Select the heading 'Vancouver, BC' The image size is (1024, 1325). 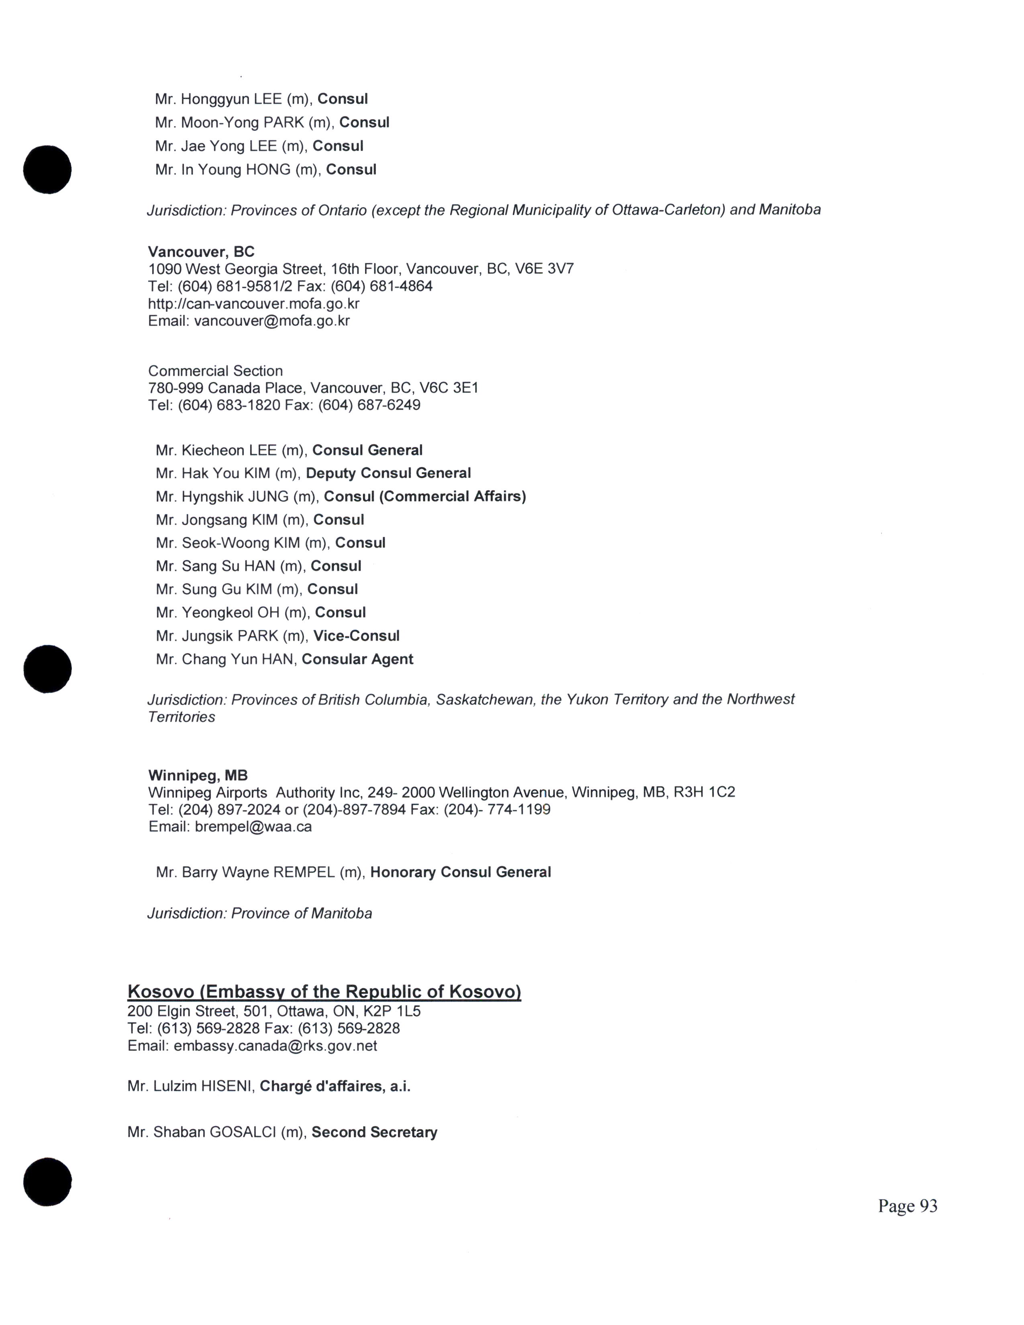pyautogui.click(x=202, y=252)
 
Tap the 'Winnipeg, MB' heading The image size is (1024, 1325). pyautogui.click(x=198, y=775)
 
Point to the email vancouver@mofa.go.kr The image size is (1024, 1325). pyautogui.click(x=272, y=321)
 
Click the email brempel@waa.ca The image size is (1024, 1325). pyautogui.click(x=253, y=827)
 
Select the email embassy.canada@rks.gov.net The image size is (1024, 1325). pyautogui.click(x=275, y=1046)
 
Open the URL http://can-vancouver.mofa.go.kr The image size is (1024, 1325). pyautogui.click(x=253, y=303)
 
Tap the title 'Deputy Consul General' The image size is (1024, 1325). pyautogui.click(x=388, y=473)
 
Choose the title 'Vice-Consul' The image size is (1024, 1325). pyautogui.click(x=356, y=636)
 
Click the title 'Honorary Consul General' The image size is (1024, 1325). pyautogui.click(x=461, y=872)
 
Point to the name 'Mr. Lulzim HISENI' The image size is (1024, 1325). pyautogui.click(x=189, y=1086)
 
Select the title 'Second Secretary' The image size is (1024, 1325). pyautogui.click(x=374, y=1133)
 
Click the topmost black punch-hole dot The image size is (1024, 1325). pyautogui.click(x=47, y=169)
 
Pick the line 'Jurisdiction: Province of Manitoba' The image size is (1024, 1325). pyautogui.click(x=260, y=914)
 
